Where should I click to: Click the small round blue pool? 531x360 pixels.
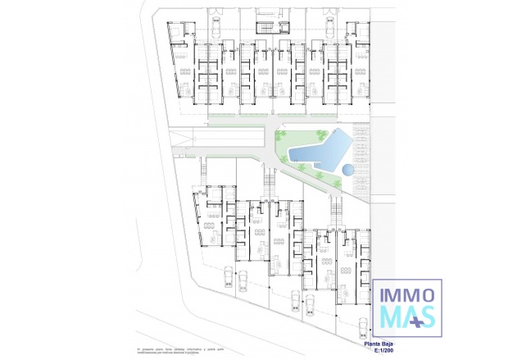[x=348, y=171]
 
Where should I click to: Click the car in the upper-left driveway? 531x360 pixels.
[x=215, y=25]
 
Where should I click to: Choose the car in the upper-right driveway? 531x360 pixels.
[x=329, y=25]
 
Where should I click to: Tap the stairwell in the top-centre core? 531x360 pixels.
[x=264, y=28]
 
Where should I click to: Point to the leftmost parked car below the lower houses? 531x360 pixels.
[x=227, y=278]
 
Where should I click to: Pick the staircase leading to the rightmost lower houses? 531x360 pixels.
[x=334, y=215]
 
